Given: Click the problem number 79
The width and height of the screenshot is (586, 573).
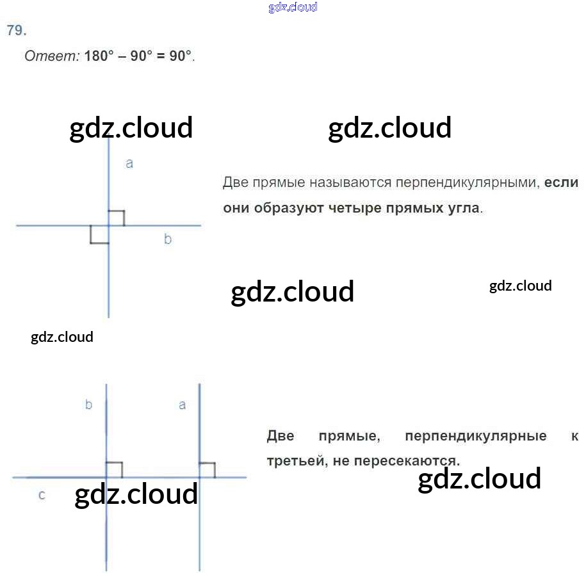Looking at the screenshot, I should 17,31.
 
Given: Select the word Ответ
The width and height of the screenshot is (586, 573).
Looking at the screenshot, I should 51,56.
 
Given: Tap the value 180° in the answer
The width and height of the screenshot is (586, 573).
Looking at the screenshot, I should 98,56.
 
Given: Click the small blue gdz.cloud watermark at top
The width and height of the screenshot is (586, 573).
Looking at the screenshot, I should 293,8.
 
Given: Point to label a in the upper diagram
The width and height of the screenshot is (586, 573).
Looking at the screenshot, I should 129,164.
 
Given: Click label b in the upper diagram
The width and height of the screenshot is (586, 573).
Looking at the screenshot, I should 168,239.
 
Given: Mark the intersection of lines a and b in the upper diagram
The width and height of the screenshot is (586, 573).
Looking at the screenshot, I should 108,225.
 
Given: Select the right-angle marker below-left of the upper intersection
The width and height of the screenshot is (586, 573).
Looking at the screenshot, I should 99,234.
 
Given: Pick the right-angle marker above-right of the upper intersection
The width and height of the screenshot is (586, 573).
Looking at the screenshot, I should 116,218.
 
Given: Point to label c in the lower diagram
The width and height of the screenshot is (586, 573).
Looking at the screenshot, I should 42,495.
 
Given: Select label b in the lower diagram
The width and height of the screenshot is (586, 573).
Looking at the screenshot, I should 89,405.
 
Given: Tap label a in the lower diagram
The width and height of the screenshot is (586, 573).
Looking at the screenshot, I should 183,405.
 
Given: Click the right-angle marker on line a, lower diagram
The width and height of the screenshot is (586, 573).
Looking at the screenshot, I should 208,470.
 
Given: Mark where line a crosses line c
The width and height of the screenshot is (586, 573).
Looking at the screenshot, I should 200,477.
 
